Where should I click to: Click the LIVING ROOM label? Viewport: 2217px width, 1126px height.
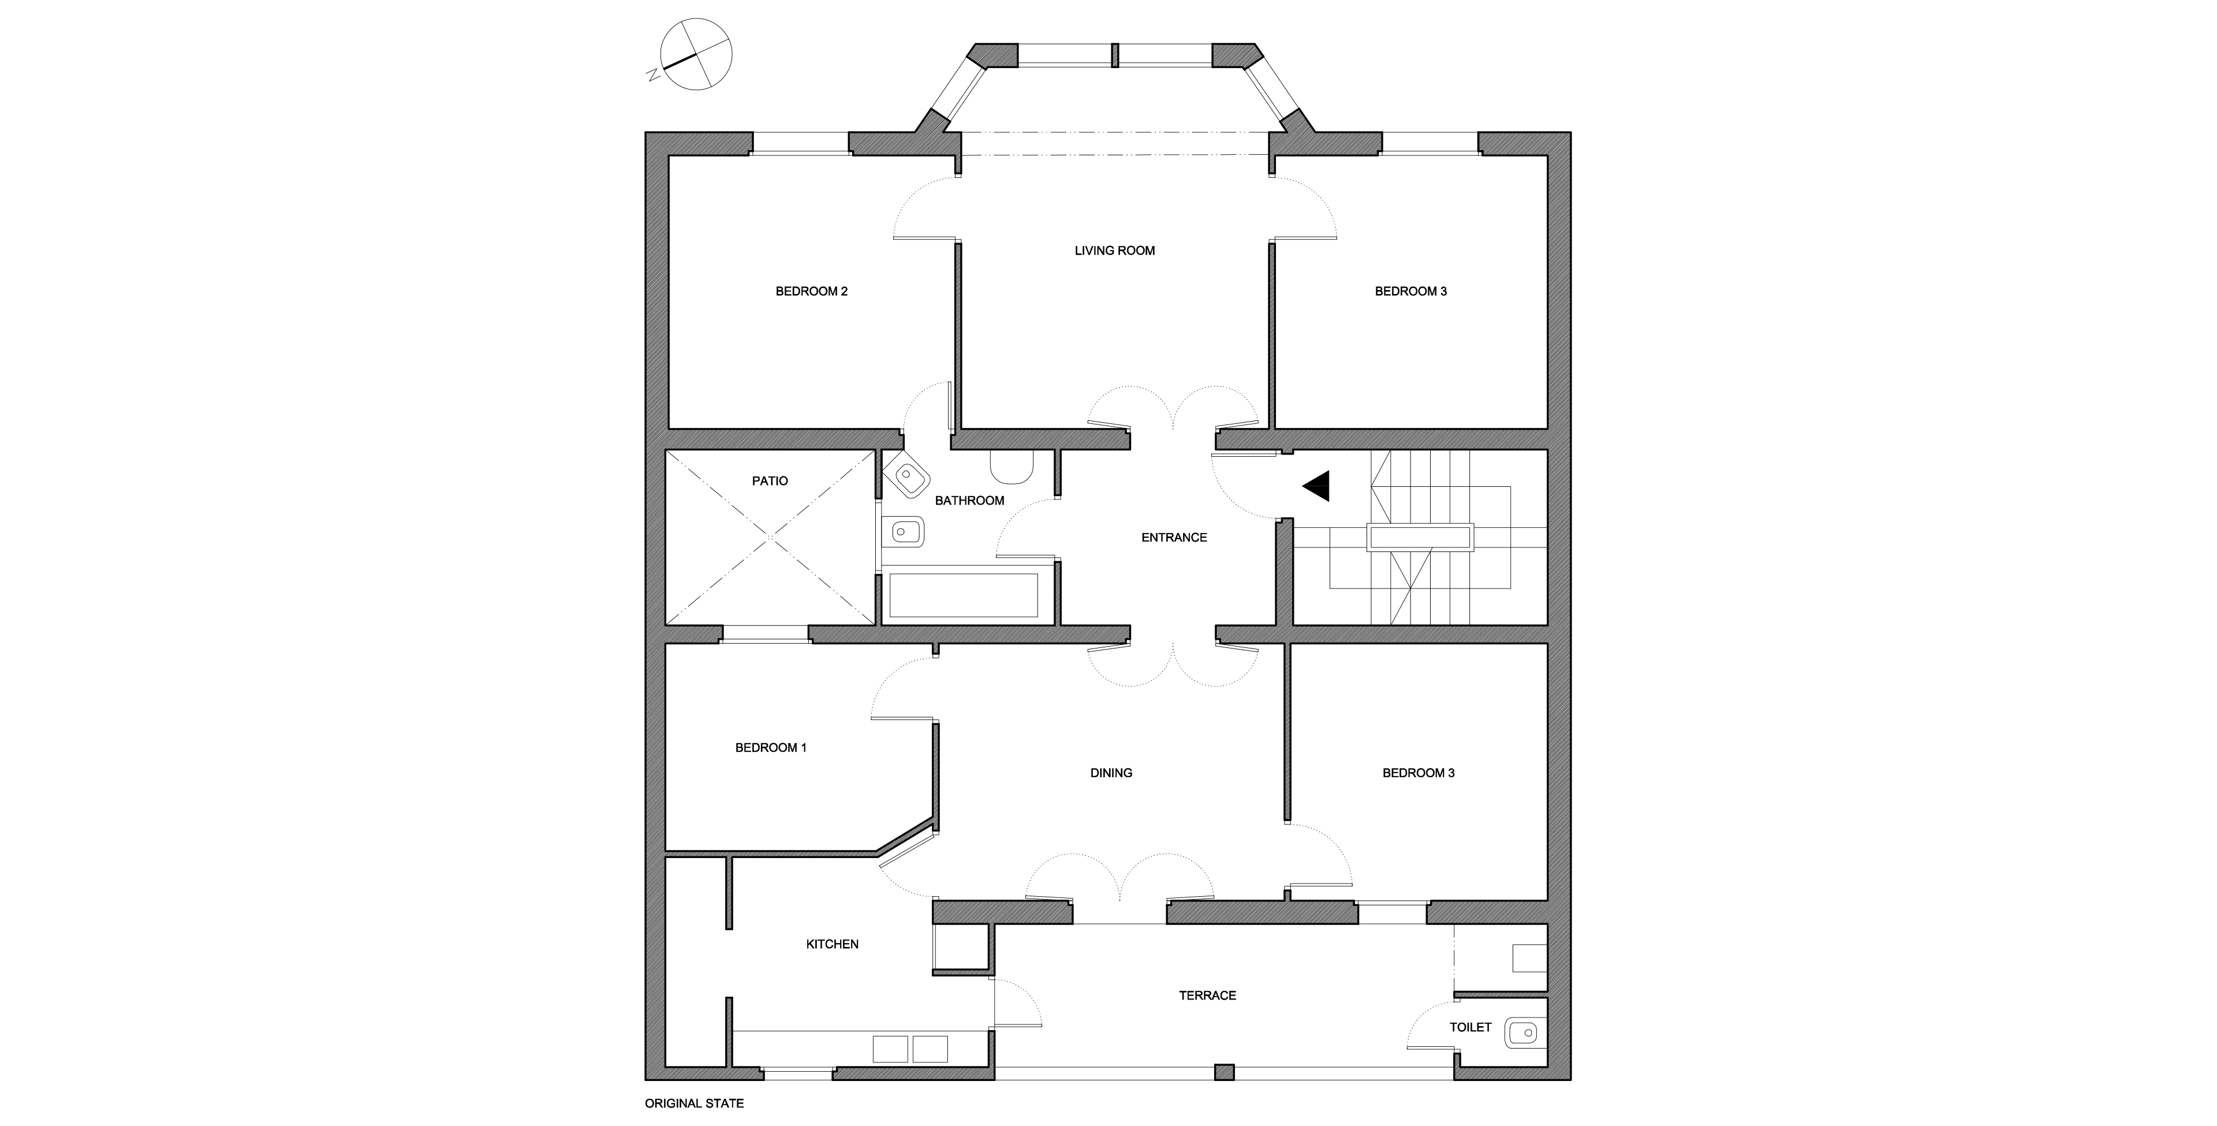1114,251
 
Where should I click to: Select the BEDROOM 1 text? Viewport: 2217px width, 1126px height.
770,747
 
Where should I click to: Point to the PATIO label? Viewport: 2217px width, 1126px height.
770,480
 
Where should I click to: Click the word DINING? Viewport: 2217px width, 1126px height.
1110,772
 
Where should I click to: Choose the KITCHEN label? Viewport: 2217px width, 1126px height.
831,944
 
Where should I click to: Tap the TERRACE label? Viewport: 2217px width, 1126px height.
1207,995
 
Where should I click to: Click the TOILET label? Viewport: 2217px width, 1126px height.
1470,1027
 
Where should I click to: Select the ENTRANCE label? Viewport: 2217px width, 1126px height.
1173,537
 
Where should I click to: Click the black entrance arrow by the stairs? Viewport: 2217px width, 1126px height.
1319,486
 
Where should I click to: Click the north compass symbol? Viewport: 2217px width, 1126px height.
696,53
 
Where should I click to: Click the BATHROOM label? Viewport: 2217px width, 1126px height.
969,500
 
